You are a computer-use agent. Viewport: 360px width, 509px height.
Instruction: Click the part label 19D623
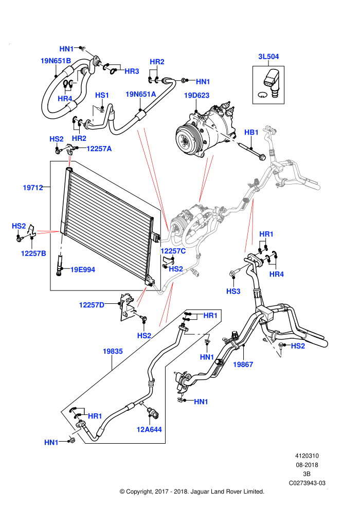pyautogui.click(x=196, y=96)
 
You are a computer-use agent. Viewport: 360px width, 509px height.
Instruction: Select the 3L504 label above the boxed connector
pyautogui.click(x=268, y=57)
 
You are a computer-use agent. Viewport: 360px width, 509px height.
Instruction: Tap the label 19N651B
pyautogui.click(x=56, y=61)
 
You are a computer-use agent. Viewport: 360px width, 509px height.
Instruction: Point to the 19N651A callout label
pyautogui.click(x=141, y=95)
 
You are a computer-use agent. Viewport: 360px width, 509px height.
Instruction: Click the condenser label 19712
pyautogui.click(x=33, y=188)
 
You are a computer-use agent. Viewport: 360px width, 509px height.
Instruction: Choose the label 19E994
pyautogui.click(x=83, y=269)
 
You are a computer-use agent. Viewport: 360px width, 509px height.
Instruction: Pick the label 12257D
pyautogui.click(x=92, y=305)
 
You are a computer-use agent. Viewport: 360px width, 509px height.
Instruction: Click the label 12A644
pyautogui.click(x=149, y=429)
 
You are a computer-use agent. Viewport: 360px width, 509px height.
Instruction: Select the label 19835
pyautogui.click(x=113, y=351)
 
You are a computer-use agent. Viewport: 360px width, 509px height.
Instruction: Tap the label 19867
pyautogui.click(x=243, y=365)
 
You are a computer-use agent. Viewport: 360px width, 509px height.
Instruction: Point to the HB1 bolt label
pyautogui.click(x=251, y=133)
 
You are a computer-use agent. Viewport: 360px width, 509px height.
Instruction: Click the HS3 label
pyautogui.click(x=233, y=291)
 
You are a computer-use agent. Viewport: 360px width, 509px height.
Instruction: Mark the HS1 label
pyautogui.click(x=102, y=95)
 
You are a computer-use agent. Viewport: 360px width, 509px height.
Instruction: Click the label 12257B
pyautogui.click(x=33, y=253)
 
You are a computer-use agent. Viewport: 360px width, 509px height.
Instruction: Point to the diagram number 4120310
pyautogui.click(x=307, y=456)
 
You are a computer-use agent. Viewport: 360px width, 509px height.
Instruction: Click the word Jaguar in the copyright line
pyautogui.click(x=200, y=492)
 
